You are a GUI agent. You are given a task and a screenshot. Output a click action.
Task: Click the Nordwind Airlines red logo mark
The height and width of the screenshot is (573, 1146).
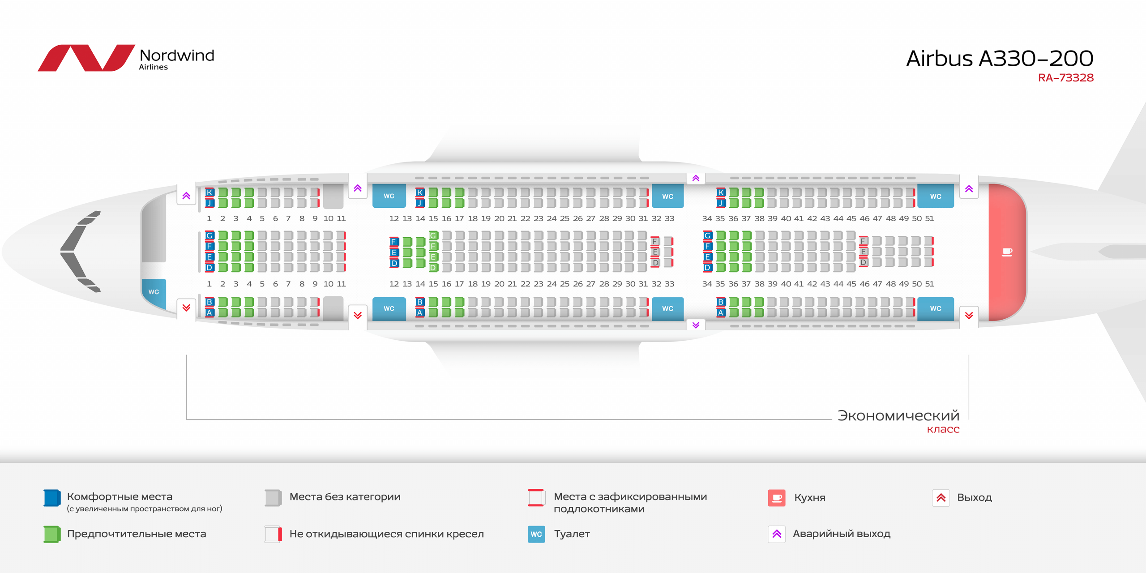[86, 58]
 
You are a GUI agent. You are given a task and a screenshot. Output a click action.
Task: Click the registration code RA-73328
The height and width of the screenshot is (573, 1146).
[1065, 78]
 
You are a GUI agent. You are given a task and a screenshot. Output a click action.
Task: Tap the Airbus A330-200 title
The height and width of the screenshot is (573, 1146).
[1000, 59]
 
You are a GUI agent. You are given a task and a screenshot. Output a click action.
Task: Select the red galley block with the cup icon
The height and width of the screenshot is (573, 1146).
[1007, 252]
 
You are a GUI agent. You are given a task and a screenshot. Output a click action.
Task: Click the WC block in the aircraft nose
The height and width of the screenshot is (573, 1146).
[154, 292]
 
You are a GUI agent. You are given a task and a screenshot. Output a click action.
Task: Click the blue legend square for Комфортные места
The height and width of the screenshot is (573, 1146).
[52, 498]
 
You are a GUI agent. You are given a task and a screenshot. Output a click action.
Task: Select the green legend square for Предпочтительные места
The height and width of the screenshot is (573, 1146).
[52, 534]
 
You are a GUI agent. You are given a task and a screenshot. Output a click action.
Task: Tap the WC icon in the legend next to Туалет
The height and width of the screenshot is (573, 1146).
[536, 534]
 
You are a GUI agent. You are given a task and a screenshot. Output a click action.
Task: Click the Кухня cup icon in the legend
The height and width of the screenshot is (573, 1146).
[777, 498]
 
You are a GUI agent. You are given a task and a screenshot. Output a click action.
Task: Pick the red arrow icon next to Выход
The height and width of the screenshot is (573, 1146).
[941, 498]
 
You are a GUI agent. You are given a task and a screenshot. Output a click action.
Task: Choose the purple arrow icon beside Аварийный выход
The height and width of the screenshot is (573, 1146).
[777, 534]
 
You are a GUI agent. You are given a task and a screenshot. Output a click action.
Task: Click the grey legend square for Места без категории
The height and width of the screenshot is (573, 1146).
[273, 498]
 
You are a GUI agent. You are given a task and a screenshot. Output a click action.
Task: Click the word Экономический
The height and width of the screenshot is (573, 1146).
[898, 415]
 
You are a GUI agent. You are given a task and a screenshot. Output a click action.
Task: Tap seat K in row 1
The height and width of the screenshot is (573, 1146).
[209, 192]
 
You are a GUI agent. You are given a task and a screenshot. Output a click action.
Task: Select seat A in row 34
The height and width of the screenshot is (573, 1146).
[720, 312]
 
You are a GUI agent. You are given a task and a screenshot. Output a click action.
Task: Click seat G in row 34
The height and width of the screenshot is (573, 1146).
[707, 235]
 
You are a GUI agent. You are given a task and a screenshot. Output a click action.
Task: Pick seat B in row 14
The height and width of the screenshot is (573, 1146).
[419, 302]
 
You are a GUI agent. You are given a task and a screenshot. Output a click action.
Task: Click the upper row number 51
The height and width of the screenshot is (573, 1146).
[930, 218]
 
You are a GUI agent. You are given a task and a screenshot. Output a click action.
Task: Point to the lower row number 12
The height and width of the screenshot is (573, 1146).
[394, 284]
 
